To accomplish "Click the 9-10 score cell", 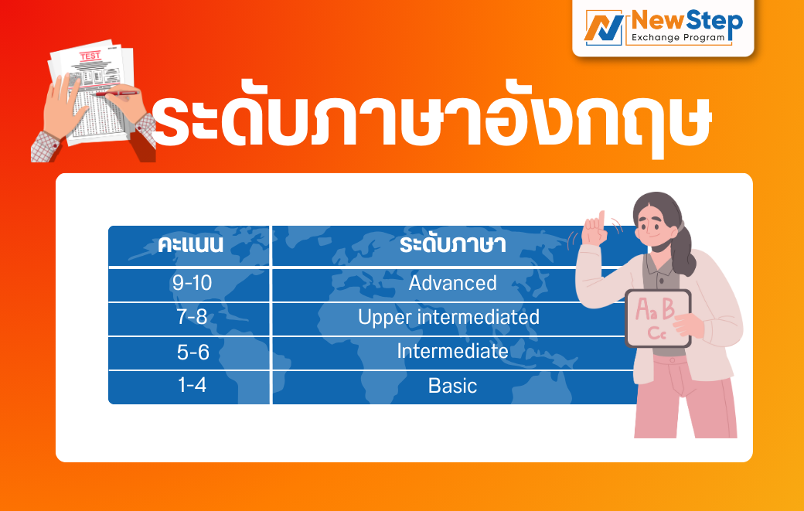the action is point(192,284).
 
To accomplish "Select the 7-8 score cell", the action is point(192,317).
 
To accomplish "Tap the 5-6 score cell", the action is point(192,352).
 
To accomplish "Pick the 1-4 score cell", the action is point(192,386).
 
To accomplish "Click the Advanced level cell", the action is point(453,284).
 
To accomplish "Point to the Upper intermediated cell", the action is point(448,317).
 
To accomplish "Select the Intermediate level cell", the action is point(453,352).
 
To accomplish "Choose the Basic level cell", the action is point(453,386).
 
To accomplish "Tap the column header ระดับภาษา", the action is point(453,245).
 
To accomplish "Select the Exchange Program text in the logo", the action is point(679,37).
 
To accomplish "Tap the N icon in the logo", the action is point(604,28).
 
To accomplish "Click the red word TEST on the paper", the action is point(90,56).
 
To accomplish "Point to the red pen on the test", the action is point(116,94).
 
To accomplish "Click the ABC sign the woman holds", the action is point(659,319).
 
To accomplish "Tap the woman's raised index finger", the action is point(601,218).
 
